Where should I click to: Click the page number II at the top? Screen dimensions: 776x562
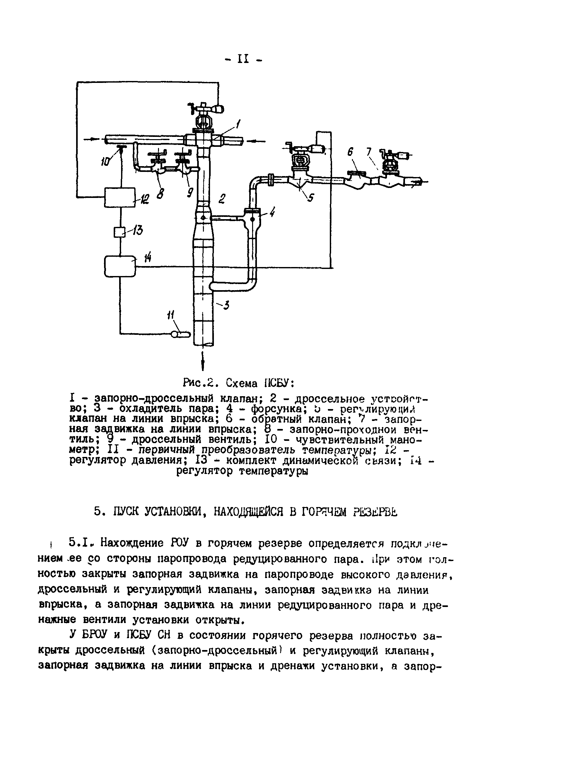tap(243, 59)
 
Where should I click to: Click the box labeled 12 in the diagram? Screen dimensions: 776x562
tap(120, 197)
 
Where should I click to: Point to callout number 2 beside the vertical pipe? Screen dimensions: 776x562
tap(222, 199)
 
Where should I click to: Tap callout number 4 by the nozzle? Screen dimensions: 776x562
tap(272, 213)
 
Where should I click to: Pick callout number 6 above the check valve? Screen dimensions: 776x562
tap(350, 152)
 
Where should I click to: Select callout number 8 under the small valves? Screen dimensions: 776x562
tap(160, 194)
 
